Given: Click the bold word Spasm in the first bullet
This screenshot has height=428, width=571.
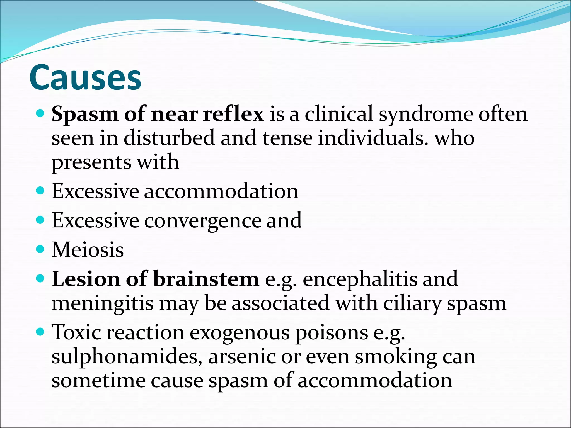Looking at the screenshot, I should (x=85, y=114).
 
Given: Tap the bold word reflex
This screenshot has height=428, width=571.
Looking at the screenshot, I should (x=233, y=114).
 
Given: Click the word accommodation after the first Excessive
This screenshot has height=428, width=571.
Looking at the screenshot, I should (x=221, y=191).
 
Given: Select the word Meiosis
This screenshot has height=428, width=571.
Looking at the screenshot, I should (x=88, y=249).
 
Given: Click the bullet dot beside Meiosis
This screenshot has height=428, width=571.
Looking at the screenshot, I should (x=41, y=249).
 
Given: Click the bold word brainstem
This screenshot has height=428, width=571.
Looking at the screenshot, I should (x=206, y=279).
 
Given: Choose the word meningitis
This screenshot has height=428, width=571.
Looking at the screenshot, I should (x=103, y=303).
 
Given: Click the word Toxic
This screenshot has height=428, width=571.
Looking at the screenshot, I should (x=76, y=332).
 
